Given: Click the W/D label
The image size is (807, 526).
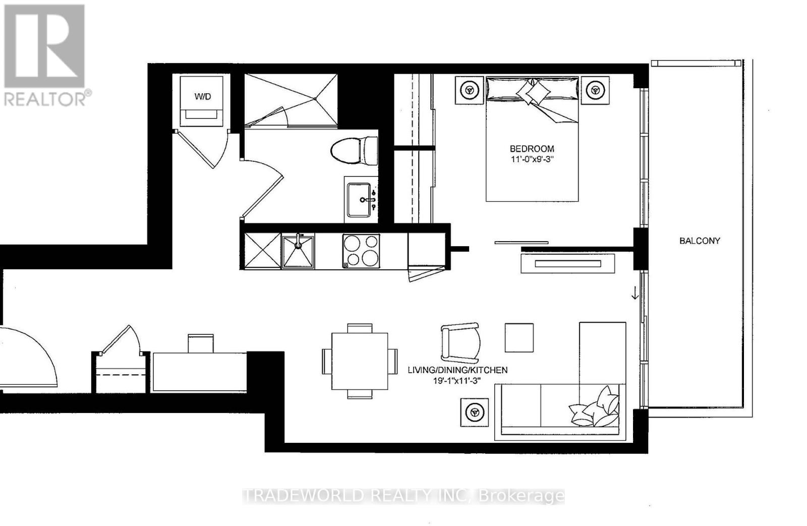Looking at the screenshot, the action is pos(202,96).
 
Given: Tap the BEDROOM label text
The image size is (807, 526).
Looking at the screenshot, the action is pos(532,148).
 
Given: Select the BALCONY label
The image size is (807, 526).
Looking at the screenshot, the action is pos(700,241).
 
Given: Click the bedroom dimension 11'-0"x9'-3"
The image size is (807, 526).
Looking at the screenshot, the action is pos(532,159).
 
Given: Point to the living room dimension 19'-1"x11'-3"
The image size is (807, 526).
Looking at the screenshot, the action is pos(457,380).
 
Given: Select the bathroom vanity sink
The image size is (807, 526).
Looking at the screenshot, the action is pos(359,200).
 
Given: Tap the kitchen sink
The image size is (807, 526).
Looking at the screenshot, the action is pos(298,252).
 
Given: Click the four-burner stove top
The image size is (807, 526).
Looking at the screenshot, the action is pos(361,251).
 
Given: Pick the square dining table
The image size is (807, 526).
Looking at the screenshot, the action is pos(360,361).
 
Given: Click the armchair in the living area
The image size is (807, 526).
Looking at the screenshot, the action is pos(461,343).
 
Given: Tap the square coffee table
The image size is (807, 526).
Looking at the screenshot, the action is pos(519,337).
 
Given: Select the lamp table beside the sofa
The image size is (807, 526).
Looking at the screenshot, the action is pos(475,413).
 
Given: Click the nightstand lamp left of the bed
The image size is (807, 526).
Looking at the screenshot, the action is pos(469,90).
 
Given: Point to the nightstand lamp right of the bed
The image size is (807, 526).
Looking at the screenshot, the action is pos(595,90).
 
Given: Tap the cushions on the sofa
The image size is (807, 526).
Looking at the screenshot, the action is pos(595,407).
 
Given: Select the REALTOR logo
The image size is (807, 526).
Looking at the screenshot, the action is pos(45,56).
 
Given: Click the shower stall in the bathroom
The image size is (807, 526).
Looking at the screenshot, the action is pos(291,100).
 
